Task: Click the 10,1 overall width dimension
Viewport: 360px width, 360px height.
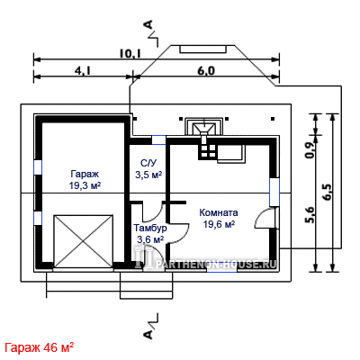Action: [130, 54]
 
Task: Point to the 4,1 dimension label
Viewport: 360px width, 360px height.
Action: [83, 70]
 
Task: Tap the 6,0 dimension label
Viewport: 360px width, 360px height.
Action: [206, 70]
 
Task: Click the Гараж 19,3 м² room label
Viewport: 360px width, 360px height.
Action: [85, 180]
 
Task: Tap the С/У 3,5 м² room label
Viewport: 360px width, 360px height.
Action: [148, 169]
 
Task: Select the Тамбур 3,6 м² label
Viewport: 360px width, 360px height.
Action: [150, 233]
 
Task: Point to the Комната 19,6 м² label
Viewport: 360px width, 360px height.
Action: [219, 218]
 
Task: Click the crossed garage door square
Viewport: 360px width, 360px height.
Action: [84, 241]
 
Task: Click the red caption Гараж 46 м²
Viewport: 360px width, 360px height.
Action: [40, 347]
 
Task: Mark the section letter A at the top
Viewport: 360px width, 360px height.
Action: [148, 25]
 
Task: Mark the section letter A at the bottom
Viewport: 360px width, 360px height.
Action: [148, 334]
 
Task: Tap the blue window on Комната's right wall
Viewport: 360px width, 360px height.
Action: [274, 193]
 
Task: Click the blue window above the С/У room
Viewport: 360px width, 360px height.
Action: [158, 139]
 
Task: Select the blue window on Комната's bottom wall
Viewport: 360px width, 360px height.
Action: [221, 269]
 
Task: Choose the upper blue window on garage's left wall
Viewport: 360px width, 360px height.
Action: [38, 167]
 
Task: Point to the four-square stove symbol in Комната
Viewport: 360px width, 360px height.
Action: [207, 151]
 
